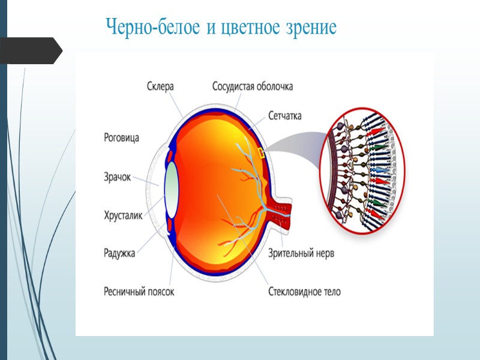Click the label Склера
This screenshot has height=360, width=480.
click(160, 86)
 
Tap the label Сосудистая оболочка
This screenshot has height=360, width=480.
click(253, 86)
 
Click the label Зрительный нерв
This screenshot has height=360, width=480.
click(302, 253)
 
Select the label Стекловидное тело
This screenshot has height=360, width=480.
click(305, 292)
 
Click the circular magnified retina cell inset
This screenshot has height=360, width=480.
click(362, 169)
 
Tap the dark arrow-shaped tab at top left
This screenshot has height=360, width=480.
click(30, 50)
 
